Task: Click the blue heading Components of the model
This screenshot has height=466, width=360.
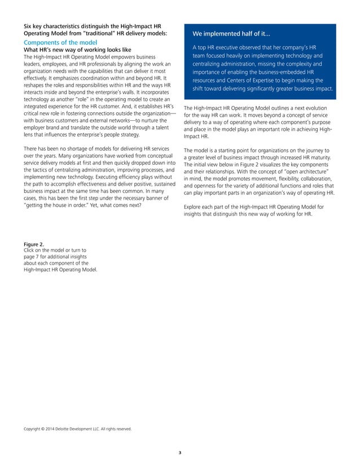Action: click(60, 43)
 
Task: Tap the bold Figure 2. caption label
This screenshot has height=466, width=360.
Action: click(33, 244)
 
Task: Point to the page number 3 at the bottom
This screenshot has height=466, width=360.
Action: click(180, 452)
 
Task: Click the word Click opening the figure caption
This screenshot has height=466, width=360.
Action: click(28, 250)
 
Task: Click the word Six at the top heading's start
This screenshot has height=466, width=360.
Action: click(28, 26)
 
